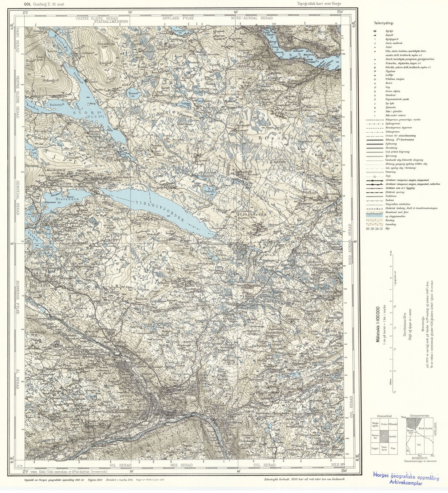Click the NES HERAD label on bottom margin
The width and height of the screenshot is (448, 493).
182,465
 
